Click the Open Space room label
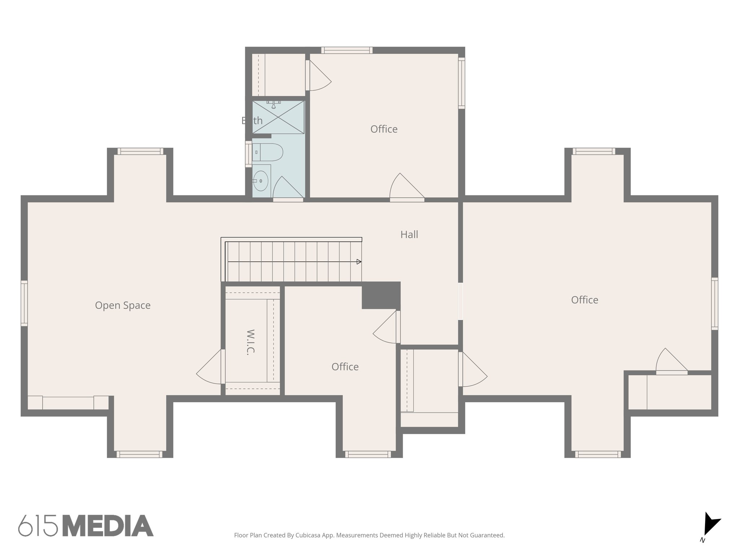click(123, 305)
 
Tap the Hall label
click(409, 234)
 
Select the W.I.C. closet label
click(250, 342)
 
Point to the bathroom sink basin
click(261, 181)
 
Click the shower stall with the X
click(278, 117)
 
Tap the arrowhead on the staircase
click(359, 262)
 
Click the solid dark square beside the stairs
click(381, 295)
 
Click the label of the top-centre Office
click(384, 129)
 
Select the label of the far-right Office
click(585, 300)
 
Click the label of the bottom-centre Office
click(345, 367)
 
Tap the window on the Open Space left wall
click(24, 303)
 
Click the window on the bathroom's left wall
click(249, 154)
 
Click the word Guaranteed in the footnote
click(486, 535)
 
